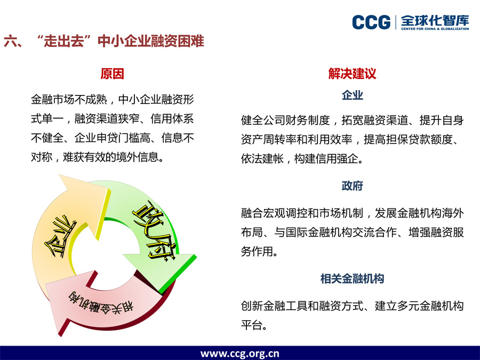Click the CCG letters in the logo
tap(371, 22)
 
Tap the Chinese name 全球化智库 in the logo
tap(435, 20)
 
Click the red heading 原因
tap(112, 74)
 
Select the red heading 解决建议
tap(352, 74)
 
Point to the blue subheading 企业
tap(353, 95)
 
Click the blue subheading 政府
tap(353, 186)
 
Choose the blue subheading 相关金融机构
tap(352, 278)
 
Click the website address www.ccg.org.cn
tap(239, 354)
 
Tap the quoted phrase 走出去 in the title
tap(64, 41)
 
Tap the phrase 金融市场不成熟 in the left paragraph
tap(69, 100)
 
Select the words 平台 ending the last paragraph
tap(252, 325)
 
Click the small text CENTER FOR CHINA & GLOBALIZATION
tap(435, 29)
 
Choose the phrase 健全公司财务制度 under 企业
tap(285, 121)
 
